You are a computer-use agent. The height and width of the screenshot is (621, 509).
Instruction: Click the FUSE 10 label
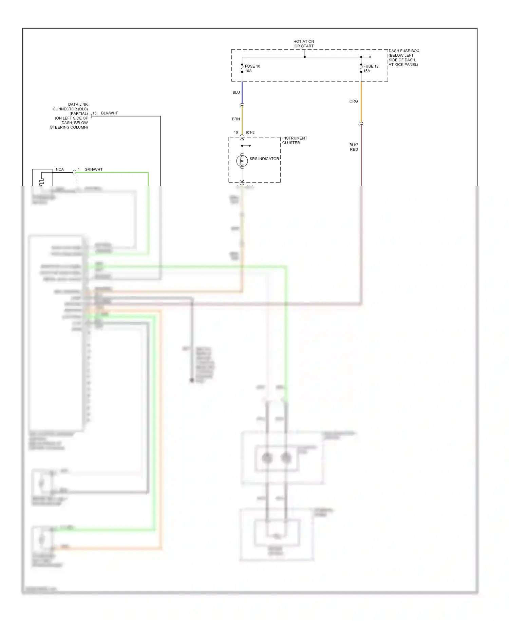(x=252, y=66)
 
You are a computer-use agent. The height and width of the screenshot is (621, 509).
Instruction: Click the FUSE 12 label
(x=371, y=66)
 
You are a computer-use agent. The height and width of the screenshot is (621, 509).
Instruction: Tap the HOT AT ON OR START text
(x=304, y=43)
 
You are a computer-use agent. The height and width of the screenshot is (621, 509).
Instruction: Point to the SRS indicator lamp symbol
(x=242, y=161)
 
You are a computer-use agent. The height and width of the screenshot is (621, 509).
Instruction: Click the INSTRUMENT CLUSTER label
(x=294, y=140)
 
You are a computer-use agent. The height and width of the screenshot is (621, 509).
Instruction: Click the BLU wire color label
(x=236, y=92)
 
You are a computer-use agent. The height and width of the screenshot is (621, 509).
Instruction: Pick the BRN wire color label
(x=236, y=119)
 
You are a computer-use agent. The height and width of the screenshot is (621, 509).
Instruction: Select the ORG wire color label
(x=354, y=101)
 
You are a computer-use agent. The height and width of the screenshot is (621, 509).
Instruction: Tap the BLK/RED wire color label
(x=354, y=147)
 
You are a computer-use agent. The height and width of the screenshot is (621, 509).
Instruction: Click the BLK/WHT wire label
(x=109, y=113)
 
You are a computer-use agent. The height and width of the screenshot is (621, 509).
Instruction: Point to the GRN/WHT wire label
(x=93, y=169)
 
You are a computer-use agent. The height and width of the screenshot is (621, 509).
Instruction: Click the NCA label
(x=60, y=169)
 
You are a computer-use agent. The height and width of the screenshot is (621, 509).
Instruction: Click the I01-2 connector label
(x=250, y=132)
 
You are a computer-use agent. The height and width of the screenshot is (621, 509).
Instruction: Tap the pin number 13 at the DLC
(x=94, y=113)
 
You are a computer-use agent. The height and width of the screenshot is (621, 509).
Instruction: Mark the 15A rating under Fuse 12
(x=366, y=71)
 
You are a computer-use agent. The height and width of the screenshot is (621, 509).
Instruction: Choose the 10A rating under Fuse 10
(x=248, y=71)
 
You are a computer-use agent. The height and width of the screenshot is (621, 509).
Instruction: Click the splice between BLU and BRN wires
(x=242, y=105)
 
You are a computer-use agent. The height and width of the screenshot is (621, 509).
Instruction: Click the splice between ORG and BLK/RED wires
(x=361, y=124)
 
